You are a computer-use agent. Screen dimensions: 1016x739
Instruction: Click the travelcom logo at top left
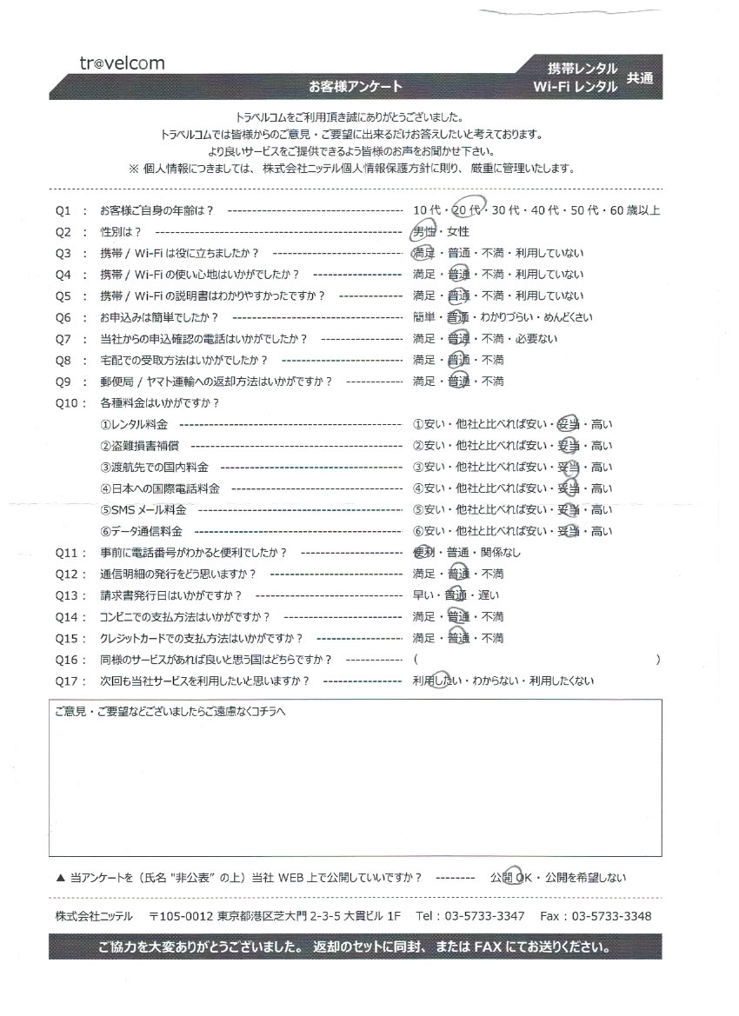pos(119,63)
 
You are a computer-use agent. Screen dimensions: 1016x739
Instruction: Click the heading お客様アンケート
pos(356,85)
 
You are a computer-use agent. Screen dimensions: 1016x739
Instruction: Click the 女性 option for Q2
pos(457,232)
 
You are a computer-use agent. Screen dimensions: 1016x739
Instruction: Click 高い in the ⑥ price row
pos(602,531)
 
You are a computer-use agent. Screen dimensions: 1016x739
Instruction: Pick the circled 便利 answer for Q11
pos(425,553)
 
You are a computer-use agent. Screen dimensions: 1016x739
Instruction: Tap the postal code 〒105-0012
pos(181,916)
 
